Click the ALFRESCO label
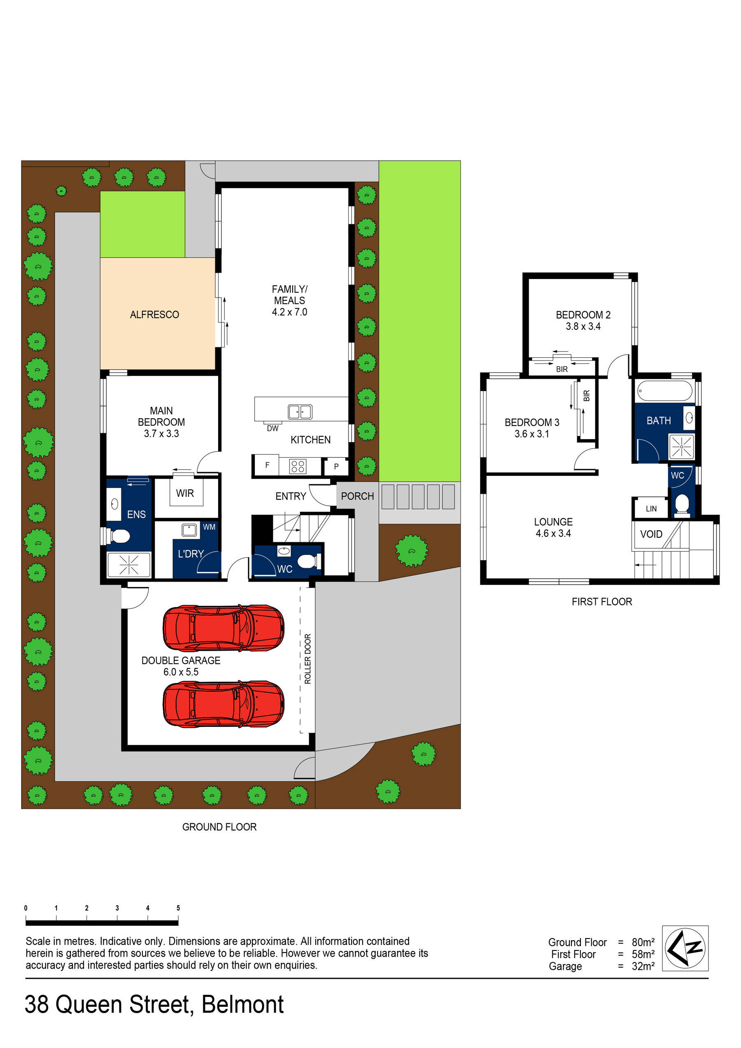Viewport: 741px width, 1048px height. (x=154, y=314)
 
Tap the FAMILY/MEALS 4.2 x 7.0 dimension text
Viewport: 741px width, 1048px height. (x=289, y=312)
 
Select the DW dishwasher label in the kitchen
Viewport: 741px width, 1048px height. (x=273, y=428)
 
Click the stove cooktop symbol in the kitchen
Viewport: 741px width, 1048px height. (x=298, y=466)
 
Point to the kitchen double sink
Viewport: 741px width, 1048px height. (x=300, y=412)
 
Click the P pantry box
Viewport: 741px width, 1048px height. (x=336, y=466)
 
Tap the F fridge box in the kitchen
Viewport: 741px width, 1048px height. (x=267, y=465)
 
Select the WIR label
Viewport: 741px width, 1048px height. (x=185, y=493)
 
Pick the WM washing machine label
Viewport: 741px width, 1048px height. (x=209, y=527)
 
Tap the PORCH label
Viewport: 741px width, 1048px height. (x=357, y=496)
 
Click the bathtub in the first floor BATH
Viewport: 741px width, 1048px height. (x=664, y=391)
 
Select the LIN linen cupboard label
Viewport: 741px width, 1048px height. (x=651, y=508)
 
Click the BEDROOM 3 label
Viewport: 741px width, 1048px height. (x=531, y=422)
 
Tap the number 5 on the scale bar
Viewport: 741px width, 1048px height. (x=178, y=908)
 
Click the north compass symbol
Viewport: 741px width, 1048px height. (x=685, y=948)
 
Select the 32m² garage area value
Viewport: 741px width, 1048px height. (x=643, y=966)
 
